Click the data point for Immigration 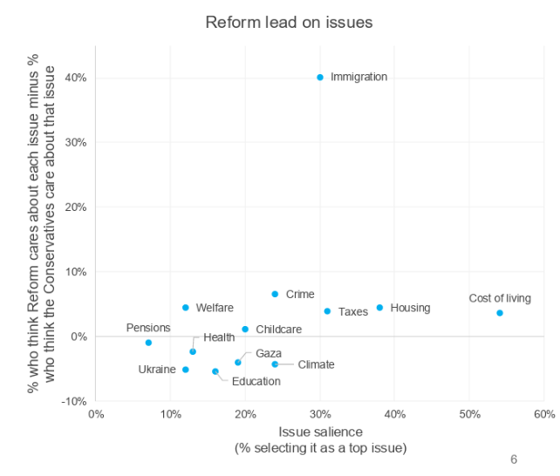(x=320, y=78)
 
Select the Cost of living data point (x=500, y=313)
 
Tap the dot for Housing (x=379, y=308)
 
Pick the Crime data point (x=275, y=295)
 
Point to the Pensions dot (x=148, y=343)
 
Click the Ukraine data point (x=185, y=370)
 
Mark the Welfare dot (x=186, y=308)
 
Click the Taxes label (x=353, y=312)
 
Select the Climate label (x=316, y=365)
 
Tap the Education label (x=256, y=381)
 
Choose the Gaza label (x=269, y=353)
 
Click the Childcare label (x=279, y=330)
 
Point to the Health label (x=219, y=337)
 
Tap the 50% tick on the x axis (x=469, y=414)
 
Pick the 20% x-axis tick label (x=245, y=414)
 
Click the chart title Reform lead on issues (x=289, y=22)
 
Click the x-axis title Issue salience (x=320, y=432)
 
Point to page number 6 (x=514, y=459)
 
